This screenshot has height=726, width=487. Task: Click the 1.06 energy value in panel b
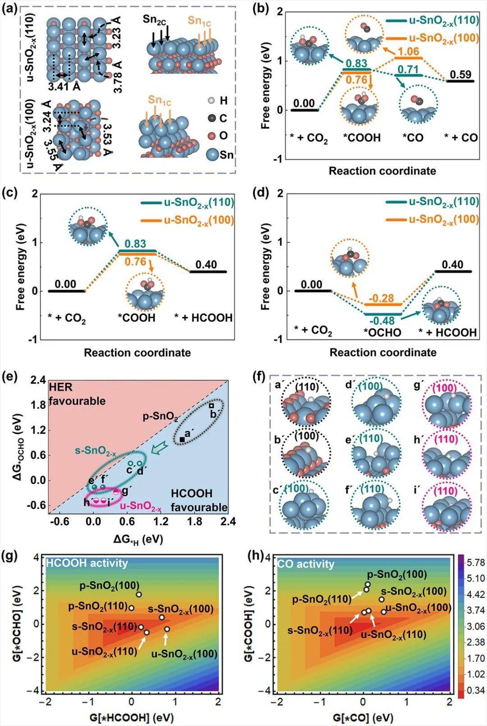[409, 51]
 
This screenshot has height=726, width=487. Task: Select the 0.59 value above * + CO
[460, 74]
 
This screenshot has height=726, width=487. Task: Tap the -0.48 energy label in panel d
[382, 321]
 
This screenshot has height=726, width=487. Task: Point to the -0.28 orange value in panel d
[382, 298]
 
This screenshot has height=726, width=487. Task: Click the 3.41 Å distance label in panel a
[65, 86]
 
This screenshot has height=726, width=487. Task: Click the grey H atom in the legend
[211, 101]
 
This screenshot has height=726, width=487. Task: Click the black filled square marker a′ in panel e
[182, 439]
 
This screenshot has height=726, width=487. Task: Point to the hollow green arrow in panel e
[158, 449]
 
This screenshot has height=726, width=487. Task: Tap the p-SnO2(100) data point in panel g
[139, 594]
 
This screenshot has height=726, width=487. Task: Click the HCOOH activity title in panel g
[87, 563]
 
